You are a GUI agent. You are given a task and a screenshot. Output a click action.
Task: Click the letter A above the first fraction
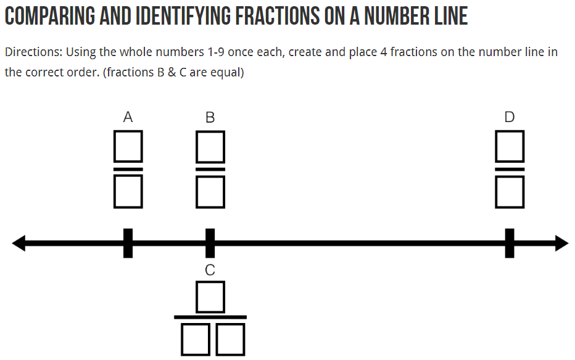128,117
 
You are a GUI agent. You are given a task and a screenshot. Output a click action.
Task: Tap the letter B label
210,117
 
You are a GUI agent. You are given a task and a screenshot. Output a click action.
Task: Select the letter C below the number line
210,269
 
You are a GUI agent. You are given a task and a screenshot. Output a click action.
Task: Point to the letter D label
509,117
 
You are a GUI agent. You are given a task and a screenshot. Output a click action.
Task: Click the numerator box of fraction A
128,145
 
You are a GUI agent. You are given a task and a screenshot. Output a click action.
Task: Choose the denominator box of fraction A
128,191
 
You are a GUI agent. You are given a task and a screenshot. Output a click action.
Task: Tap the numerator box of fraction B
210,145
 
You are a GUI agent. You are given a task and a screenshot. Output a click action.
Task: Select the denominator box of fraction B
210,191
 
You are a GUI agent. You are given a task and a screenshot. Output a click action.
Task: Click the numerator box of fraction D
510,145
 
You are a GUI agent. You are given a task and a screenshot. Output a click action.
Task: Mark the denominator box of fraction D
510,191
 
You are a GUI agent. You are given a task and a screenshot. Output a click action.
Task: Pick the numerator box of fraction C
210,297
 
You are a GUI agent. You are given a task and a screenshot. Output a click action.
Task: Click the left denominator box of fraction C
196,340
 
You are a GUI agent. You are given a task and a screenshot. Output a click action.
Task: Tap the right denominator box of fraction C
230,340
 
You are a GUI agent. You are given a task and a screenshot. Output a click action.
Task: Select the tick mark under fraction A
128,243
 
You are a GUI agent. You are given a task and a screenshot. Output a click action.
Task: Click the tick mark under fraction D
510,243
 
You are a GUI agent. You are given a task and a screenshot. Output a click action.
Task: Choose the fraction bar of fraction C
210,317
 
